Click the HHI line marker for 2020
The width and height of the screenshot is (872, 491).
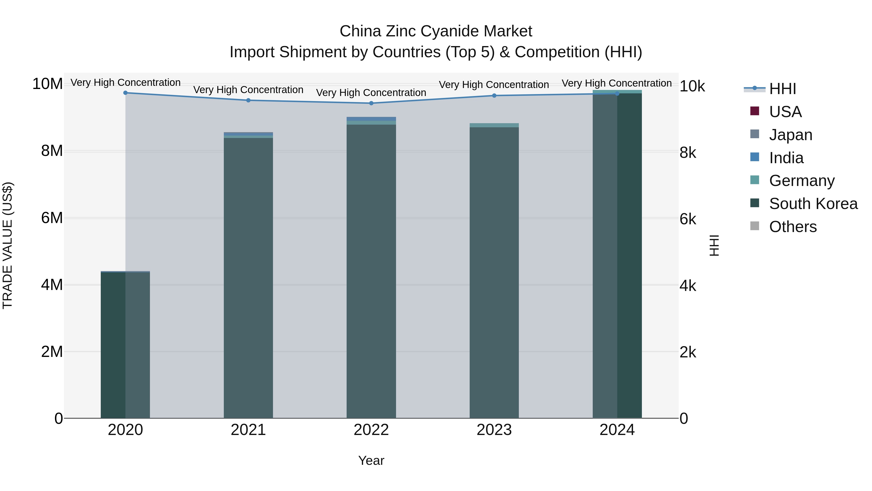click(x=125, y=93)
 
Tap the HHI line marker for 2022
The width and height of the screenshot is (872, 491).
click(x=371, y=103)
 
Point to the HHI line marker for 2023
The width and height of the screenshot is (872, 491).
click(x=494, y=96)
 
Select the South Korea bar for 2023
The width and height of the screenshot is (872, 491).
click(x=494, y=273)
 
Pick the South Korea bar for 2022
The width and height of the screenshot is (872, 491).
click(x=371, y=271)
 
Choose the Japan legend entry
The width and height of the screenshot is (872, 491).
click(x=790, y=135)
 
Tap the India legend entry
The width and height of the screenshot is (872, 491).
click(x=786, y=158)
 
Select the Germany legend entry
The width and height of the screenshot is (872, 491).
click(x=802, y=181)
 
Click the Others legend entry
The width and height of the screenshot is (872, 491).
click(x=793, y=227)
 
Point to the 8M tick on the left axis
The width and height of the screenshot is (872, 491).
click(x=52, y=151)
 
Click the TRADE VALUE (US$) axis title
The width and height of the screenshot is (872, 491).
click(x=8, y=245)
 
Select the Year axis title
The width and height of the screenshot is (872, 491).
click(x=371, y=460)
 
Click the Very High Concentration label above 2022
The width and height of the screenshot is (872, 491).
click(x=371, y=93)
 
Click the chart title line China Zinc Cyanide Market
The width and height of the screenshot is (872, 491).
click(x=436, y=31)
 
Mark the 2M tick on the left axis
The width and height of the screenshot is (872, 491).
click(x=52, y=352)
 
